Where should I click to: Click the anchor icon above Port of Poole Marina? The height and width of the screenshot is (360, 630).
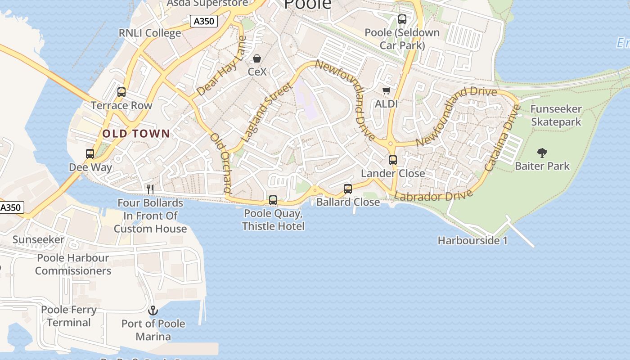point(153,310)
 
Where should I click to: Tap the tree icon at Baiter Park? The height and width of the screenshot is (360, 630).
point(542,153)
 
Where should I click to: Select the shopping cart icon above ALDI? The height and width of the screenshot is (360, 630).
point(386,91)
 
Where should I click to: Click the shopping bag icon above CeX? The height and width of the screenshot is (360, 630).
point(257,58)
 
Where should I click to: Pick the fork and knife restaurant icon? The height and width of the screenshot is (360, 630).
point(150,189)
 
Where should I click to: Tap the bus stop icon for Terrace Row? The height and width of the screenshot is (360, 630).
point(121,92)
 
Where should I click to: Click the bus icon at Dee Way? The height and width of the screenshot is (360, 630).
point(90,154)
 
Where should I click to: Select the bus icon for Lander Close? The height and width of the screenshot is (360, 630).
point(393,160)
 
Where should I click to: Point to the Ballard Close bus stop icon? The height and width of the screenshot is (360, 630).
point(348,189)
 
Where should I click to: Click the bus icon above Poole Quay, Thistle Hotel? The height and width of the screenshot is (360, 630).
point(273,200)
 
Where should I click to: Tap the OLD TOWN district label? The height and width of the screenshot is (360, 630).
point(136,134)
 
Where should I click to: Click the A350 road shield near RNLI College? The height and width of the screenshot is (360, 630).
point(203,21)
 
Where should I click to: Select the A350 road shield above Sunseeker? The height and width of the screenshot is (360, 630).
point(11,207)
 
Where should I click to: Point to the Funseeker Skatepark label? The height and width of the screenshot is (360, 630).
point(556,116)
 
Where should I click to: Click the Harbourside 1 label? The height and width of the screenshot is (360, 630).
point(472,241)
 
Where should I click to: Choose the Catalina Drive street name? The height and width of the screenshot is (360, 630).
point(502,138)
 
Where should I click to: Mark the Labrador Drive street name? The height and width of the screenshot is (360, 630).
point(433,196)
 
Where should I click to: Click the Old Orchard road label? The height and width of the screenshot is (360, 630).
point(221,163)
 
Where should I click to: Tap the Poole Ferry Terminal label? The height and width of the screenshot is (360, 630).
point(69,316)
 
